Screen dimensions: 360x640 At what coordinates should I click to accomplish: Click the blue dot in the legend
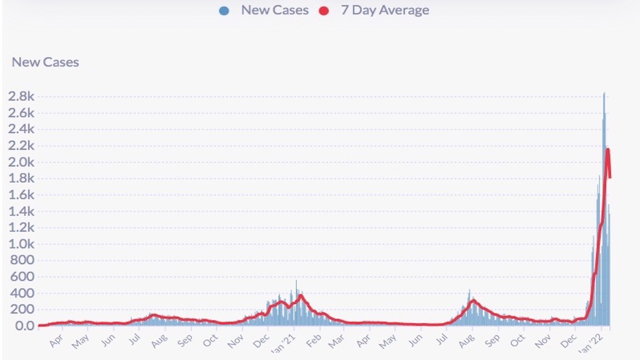(224, 11)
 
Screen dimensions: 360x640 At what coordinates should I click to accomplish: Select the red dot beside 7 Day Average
(323, 11)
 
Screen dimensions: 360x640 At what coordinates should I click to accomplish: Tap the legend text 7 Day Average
(385, 10)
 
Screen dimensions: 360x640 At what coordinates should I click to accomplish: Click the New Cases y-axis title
(45, 62)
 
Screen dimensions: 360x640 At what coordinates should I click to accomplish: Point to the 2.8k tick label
(21, 97)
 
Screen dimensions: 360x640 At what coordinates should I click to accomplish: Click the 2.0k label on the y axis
(21, 162)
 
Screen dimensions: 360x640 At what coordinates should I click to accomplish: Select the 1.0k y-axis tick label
(21, 244)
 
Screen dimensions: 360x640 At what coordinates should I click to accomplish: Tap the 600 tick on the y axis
(23, 277)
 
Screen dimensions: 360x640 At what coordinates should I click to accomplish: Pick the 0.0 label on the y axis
(23, 326)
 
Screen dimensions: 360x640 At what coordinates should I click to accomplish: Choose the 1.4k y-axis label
(21, 211)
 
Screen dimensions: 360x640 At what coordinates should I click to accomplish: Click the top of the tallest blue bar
(604, 94)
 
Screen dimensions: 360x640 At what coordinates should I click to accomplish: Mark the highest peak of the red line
(607, 149)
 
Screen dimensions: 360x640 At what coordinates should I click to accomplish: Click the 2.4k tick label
(21, 129)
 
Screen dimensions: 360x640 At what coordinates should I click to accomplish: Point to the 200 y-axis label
(23, 309)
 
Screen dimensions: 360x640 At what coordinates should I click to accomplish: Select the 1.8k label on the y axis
(21, 179)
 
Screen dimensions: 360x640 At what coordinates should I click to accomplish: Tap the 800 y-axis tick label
(23, 260)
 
